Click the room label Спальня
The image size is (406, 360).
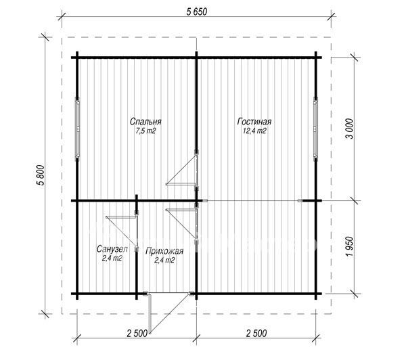click(x=145, y=122)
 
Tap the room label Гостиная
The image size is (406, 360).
click(x=254, y=122)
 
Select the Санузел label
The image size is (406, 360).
click(x=112, y=249)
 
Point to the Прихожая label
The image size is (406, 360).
click(x=164, y=251)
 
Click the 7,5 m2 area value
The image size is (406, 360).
click(x=145, y=131)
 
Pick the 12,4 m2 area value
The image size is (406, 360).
click(x=254, y=131)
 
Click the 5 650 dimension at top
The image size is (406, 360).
click(x=197, y=12)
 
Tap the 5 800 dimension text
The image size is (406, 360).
click(x=41, y=175)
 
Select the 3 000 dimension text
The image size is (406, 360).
click(x=349, y=129)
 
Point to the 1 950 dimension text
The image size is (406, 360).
click(x=349, y=246)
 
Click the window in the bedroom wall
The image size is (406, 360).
click(x=77, y=129)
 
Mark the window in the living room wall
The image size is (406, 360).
click(x=315, y=129)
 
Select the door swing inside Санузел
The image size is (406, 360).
click(x=122, y=231)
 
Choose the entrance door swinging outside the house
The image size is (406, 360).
click(x=170, y=313)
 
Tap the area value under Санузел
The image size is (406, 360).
click(x=112, y=258)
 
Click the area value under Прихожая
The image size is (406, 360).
click(x=164, y=261)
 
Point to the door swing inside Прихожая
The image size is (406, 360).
click(x=182, y=222)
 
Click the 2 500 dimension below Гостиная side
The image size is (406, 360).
click(x=256, y=333)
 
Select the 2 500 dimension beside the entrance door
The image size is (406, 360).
click(x=137, y=333)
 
